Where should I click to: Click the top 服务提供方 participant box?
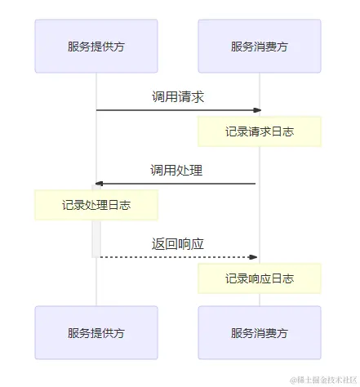click(x=96, y=47)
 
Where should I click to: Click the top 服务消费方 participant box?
click(x=260, y=47)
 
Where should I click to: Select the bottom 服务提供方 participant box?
click(x=96, y=333)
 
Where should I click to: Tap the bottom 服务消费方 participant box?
click(x=260, y=333)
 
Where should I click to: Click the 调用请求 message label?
click(x=177, y=96)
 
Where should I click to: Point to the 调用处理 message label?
click(x=176, y=171)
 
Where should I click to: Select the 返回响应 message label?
click(x=177, y=244)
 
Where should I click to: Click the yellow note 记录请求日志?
click(x=260, y=131)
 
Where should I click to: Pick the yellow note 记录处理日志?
click(x=96, y=205)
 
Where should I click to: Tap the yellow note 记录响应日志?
click(x=260, y=278)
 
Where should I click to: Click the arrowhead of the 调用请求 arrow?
click(x=257, y=110)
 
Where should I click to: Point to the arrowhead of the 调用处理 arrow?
click(x=99, y=184)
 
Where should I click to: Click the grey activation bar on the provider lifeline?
click(x=96, y=238)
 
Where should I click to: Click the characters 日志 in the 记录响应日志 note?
click(x=283, y=278)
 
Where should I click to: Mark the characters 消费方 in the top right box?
click(x=271, y=47)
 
